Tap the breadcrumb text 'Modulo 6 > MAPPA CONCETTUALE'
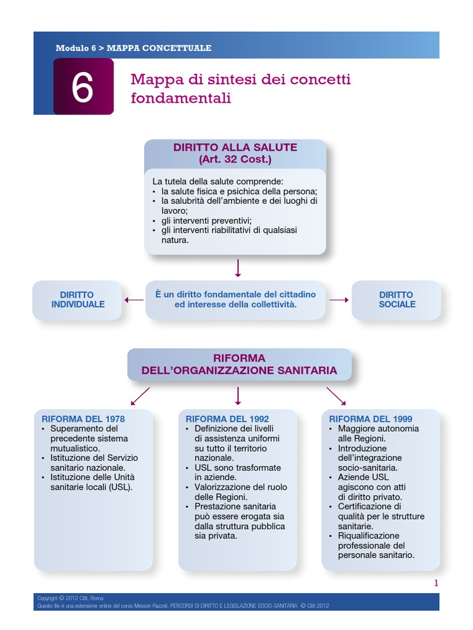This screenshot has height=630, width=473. pos(133,47)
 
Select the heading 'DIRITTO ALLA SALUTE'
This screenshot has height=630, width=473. pos(235,148)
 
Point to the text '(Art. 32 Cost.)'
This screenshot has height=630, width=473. pos(235,159)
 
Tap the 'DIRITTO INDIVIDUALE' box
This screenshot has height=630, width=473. pos(78,300)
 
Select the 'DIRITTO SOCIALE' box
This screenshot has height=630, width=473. pos(397,300)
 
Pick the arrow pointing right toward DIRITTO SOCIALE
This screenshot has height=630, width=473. pos(339,300)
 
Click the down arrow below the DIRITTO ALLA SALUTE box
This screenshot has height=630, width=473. pos(238,268)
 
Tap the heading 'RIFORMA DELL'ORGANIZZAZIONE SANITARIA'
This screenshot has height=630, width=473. pos(239,364)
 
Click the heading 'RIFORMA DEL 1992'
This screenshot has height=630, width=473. pos(227,419)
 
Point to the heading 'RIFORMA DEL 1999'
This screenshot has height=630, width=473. pos(371,419)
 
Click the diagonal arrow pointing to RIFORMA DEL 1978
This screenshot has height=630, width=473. pos(140,395)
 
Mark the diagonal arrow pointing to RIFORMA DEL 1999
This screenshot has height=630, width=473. pos(336,395)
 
